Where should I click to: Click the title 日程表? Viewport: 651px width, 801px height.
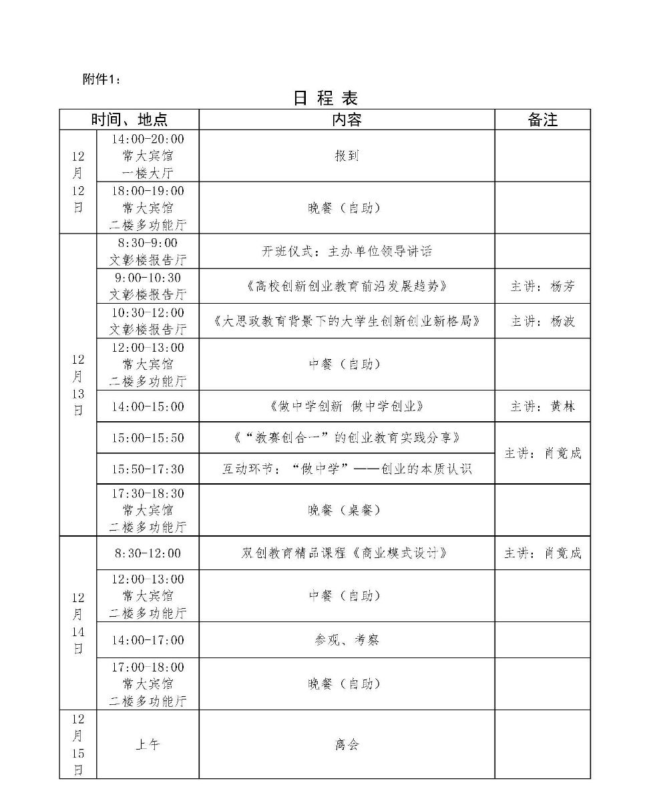tap(326, 98)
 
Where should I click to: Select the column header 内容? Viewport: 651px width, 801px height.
tap(347, 119)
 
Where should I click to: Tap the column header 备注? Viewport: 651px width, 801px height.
tap(542, 119)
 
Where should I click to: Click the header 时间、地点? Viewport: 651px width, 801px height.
tap(130, 119)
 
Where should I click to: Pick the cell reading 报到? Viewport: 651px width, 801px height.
tap(347, 156)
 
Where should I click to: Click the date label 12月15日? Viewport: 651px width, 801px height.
tap(78, 744)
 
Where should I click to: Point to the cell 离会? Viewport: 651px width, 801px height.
tap(347, 744)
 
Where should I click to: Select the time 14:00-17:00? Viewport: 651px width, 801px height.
tap(148, 640)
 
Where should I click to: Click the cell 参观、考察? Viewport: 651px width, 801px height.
tap(347, 640)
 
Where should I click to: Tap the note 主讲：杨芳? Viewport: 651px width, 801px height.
tap(542, 286)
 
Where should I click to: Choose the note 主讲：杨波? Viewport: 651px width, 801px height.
tap(542, 321)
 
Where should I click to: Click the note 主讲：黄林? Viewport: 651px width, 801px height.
tap(542, 407)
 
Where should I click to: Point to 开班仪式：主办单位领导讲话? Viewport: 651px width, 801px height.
tap(347, 252)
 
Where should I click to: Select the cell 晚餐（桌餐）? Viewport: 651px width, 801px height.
tap(347, 510)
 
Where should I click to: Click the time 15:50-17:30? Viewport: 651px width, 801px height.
tap(148, 469)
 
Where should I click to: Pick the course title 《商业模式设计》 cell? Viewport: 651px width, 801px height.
tap(347, 553)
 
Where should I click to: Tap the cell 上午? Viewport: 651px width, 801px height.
tap(148, 744)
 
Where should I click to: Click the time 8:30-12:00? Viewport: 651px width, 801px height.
tap(148, 553)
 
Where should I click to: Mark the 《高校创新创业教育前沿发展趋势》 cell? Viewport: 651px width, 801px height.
tap(347, 286)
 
